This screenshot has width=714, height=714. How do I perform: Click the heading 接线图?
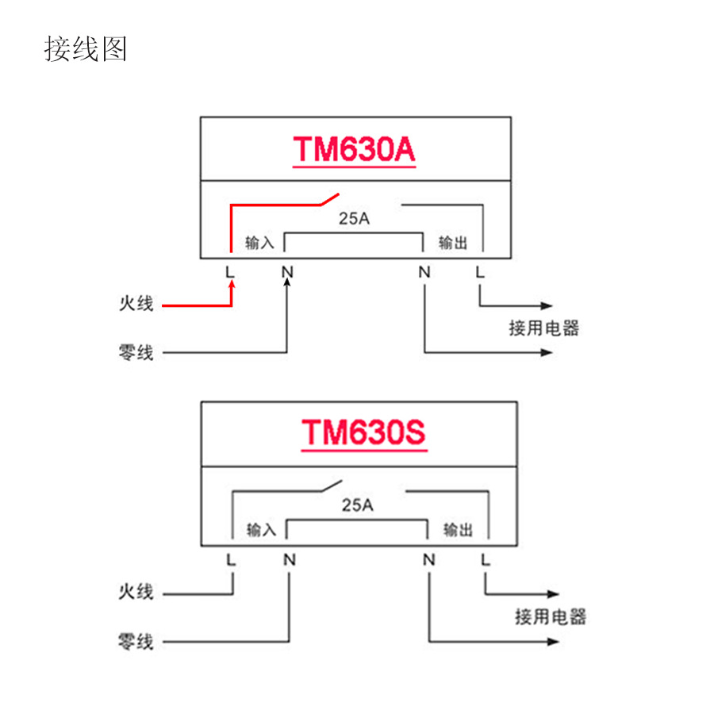(85, 49)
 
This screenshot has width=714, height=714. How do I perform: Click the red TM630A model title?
(354, 150)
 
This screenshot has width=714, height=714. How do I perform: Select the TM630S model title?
(363, 433)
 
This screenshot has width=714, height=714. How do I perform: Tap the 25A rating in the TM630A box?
(354, 219)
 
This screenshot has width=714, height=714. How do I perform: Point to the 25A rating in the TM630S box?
(357, 505)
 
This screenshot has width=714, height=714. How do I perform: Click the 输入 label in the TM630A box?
(259, 243)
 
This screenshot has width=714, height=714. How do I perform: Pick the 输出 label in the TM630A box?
(453, 243)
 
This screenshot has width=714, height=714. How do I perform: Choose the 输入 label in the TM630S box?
(260, 530)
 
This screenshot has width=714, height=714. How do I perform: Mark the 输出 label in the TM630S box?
(458, 530)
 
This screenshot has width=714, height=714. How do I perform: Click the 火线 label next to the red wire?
(135, 304)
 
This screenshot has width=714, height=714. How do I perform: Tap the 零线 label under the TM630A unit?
(135, 352)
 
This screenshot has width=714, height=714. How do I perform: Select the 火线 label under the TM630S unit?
(135, 592)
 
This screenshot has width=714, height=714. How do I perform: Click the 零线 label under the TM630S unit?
(135, 641)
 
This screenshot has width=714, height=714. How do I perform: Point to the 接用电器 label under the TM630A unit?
(544, 328)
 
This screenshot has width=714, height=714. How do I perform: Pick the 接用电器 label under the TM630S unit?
(550, 616)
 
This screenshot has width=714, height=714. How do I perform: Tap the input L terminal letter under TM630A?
(230, 272)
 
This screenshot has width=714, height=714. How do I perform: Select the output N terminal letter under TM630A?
(424, 272)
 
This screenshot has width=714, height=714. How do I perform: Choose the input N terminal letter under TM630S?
(290, 560)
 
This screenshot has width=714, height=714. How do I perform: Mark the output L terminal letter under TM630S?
(485, 560)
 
